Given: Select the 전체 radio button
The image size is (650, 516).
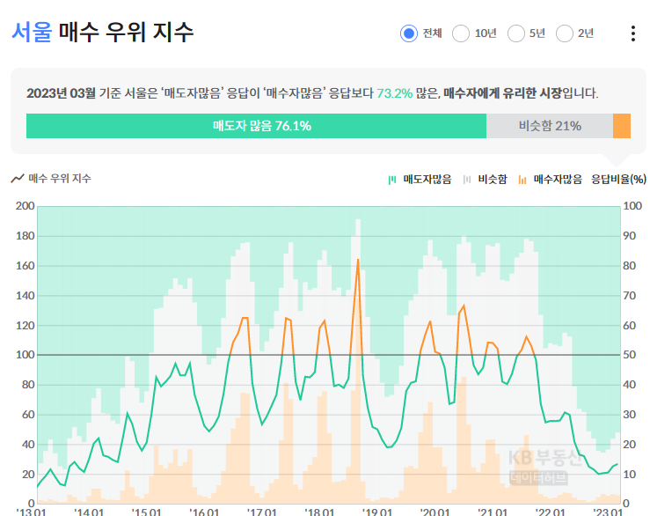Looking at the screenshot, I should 408,33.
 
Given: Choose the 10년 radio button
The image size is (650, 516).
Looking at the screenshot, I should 460,33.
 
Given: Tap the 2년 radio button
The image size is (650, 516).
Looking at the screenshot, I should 565,33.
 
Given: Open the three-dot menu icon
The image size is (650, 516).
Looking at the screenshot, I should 632,33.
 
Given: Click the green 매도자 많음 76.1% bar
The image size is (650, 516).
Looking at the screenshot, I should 256,126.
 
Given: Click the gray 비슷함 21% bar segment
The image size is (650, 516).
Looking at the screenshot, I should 549,126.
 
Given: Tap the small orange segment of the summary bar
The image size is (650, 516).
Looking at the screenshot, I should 622,126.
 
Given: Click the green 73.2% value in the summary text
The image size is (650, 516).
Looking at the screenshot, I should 394,92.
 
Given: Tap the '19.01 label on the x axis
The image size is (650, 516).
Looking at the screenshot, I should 377,511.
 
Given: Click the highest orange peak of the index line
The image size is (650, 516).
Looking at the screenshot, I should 358,261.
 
